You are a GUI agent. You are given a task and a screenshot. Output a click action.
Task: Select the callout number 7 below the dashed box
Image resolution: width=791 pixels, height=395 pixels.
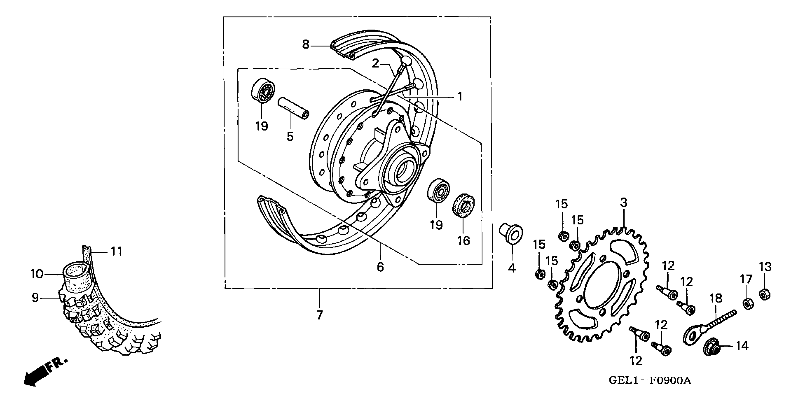[320, 315]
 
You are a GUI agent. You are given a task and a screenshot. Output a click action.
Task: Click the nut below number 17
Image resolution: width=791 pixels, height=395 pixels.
[748, 303]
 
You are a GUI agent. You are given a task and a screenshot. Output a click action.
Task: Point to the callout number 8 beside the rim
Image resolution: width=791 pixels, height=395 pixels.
[305, 45]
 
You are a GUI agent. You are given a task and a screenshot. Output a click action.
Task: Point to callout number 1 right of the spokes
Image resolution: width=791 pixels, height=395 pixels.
[460, 97]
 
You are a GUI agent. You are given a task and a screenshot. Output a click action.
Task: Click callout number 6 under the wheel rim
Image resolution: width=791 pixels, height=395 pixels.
[380, 267]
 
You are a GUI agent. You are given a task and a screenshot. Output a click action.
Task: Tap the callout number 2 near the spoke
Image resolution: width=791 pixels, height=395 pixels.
[375, 63]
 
